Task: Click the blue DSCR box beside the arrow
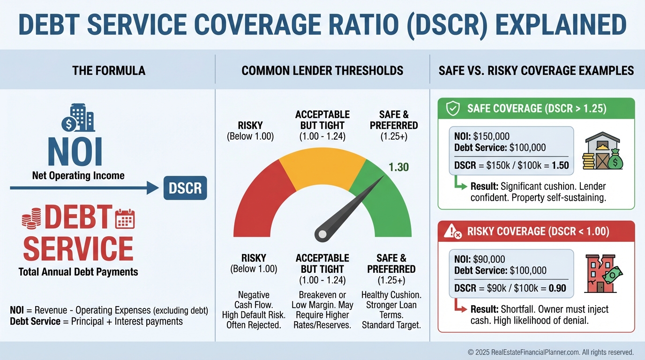(x=185, y=188)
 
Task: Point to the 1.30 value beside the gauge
(x=399, y=167)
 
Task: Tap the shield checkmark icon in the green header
(x=452, y=109)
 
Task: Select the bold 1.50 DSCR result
(x=560, y=165)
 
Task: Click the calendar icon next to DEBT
(x=125, y=219)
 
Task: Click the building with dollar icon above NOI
(x=78, y=118)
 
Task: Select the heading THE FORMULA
(x=109, y=71)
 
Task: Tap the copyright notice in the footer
(x=550, y=352)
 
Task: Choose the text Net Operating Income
(x=78, y=176)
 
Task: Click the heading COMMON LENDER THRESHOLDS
(x=322, y=71)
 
